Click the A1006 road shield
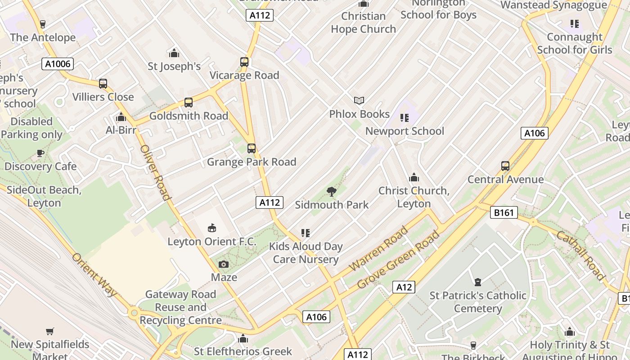point(58,63)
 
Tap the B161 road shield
point(504,212)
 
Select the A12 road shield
point(403,287)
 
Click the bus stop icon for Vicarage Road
point(244,62)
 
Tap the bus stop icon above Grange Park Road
point(252,148)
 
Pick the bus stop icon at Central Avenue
point(505,166)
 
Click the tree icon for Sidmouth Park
point(332,192)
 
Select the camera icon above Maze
point(224,264)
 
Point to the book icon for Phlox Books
point(359,101)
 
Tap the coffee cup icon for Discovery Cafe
point(40,153)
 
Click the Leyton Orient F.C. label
point(212,242)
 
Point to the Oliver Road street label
point(155,172)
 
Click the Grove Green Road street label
point(398,260)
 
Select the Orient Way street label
point(94,274)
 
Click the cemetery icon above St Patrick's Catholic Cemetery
point(477,282)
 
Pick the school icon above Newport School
point(405,118)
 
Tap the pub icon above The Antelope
point(43,24)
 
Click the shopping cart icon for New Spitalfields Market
point(50,332)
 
